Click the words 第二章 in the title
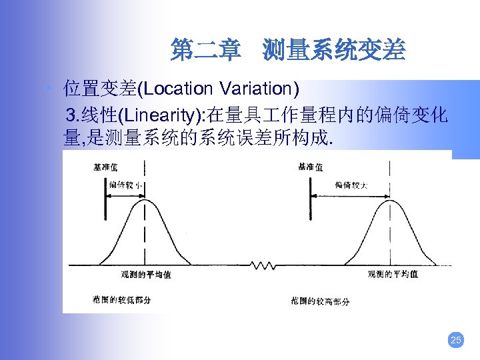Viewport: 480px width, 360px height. pos(205,51)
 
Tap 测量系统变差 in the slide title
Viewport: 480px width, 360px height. pos(333,51)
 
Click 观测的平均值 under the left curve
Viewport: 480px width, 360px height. pos(145,274)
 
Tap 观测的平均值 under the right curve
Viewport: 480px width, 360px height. pos(393,274)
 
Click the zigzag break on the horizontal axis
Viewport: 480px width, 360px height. pos(263,265)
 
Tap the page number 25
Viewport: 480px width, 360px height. pos(456,341)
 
